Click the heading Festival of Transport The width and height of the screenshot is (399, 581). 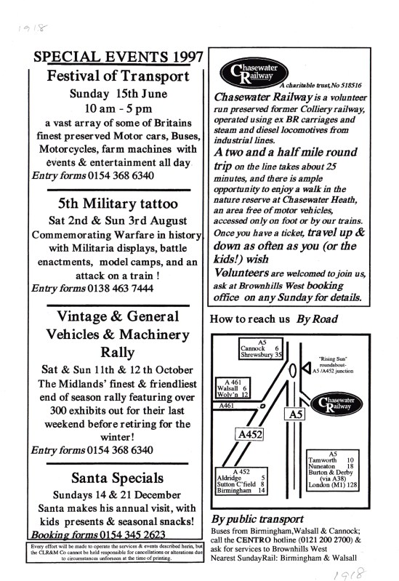coord(118,76)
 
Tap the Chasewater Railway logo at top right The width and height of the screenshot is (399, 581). coord(254,73)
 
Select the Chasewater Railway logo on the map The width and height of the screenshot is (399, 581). coord(336,404)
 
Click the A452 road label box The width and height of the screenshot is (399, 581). coord(250,434)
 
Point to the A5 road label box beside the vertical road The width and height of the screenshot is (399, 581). coord(295,414)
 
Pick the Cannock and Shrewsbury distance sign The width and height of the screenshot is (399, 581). coord(261,349)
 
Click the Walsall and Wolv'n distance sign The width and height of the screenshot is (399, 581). coord(233,388)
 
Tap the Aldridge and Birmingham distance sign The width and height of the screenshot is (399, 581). coord(241,481)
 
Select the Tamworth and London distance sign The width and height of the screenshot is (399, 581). coord(333,470)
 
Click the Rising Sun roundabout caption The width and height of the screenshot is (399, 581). coord(333,364)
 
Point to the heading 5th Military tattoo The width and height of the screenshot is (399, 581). coord(118,204)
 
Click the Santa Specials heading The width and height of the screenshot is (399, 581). coord(118,478)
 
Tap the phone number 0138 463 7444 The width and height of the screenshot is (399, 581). coord(121,288)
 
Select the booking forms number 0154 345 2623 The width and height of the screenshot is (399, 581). coord(132,534)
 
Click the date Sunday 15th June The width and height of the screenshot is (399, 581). coord(118,93)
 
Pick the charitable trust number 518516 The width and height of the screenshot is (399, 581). coord(351,85)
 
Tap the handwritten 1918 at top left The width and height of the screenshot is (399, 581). coord(33,28)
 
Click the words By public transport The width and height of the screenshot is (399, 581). coord(257,519)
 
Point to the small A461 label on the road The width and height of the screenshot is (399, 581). coord(226,406)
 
